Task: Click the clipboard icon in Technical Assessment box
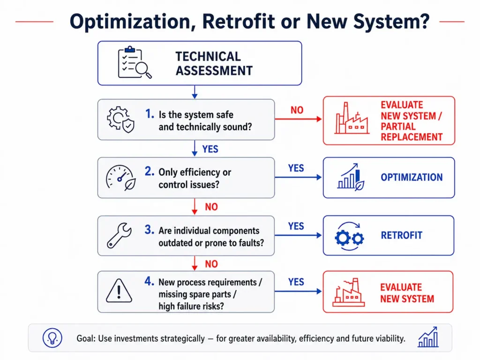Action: (135, 62)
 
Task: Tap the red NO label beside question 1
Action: (297, 110)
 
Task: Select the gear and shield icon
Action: (120, 120)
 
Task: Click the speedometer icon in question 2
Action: (120, 178)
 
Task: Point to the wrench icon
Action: (119, 235)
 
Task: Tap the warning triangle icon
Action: (119, 291)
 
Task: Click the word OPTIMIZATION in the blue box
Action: (412, 177)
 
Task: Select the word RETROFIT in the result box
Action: (402, 235)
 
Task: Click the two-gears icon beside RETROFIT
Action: (349, 236)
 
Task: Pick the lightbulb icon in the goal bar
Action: (52, 338)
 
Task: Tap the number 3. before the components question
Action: (150, 230)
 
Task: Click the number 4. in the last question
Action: (150, 281)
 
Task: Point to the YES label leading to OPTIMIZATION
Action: (296, 168)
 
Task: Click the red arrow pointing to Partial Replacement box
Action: (298, 119)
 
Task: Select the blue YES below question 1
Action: (210, 149)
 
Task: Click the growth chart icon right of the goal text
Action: (428, 337)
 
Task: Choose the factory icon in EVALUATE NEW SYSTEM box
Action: (349, 292)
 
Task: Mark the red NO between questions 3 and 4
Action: (211, 264)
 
